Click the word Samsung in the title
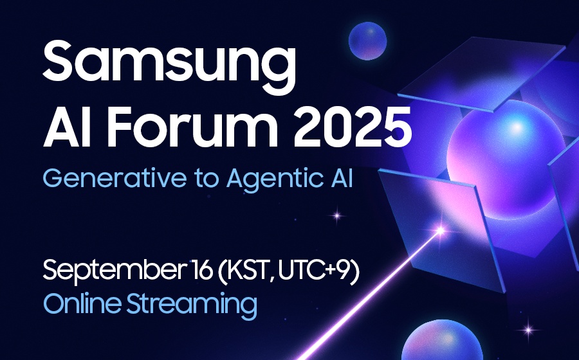coord(169,66)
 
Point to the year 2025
coord(353,127)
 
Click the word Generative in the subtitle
coord(115,178)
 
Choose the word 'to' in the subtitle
coord(207,179)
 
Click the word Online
coord(82,303)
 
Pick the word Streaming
coord(192,306)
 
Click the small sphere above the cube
coord(367,41)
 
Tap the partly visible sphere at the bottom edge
coord(442,340)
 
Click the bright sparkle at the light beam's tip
coord(440,231)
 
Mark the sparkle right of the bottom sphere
coord(528,330)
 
